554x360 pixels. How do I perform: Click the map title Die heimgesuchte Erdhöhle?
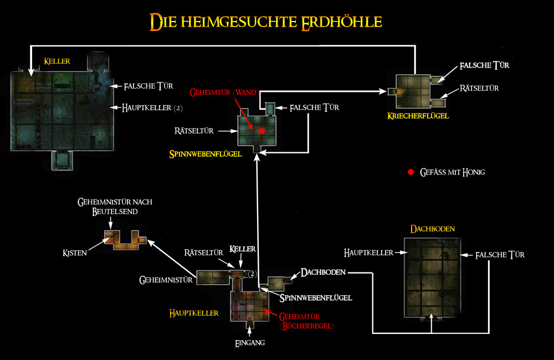(x=265, y=22)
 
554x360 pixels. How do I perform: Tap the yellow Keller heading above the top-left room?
(x=57, y=61)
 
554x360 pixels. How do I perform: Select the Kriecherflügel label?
(x=418, y=116)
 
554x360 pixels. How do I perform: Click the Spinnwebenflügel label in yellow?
(x=206, y=155)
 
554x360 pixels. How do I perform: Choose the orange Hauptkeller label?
(x=194, y=313)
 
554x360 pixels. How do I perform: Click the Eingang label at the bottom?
(x=249, y=343)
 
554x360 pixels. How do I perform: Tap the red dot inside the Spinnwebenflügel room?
(x=261, y=131)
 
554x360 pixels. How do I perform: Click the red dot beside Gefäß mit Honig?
(x=411, y=172)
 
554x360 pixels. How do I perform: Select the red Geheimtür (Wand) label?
(x=222, y=91)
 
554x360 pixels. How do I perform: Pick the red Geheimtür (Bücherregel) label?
(x=306, y=321)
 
